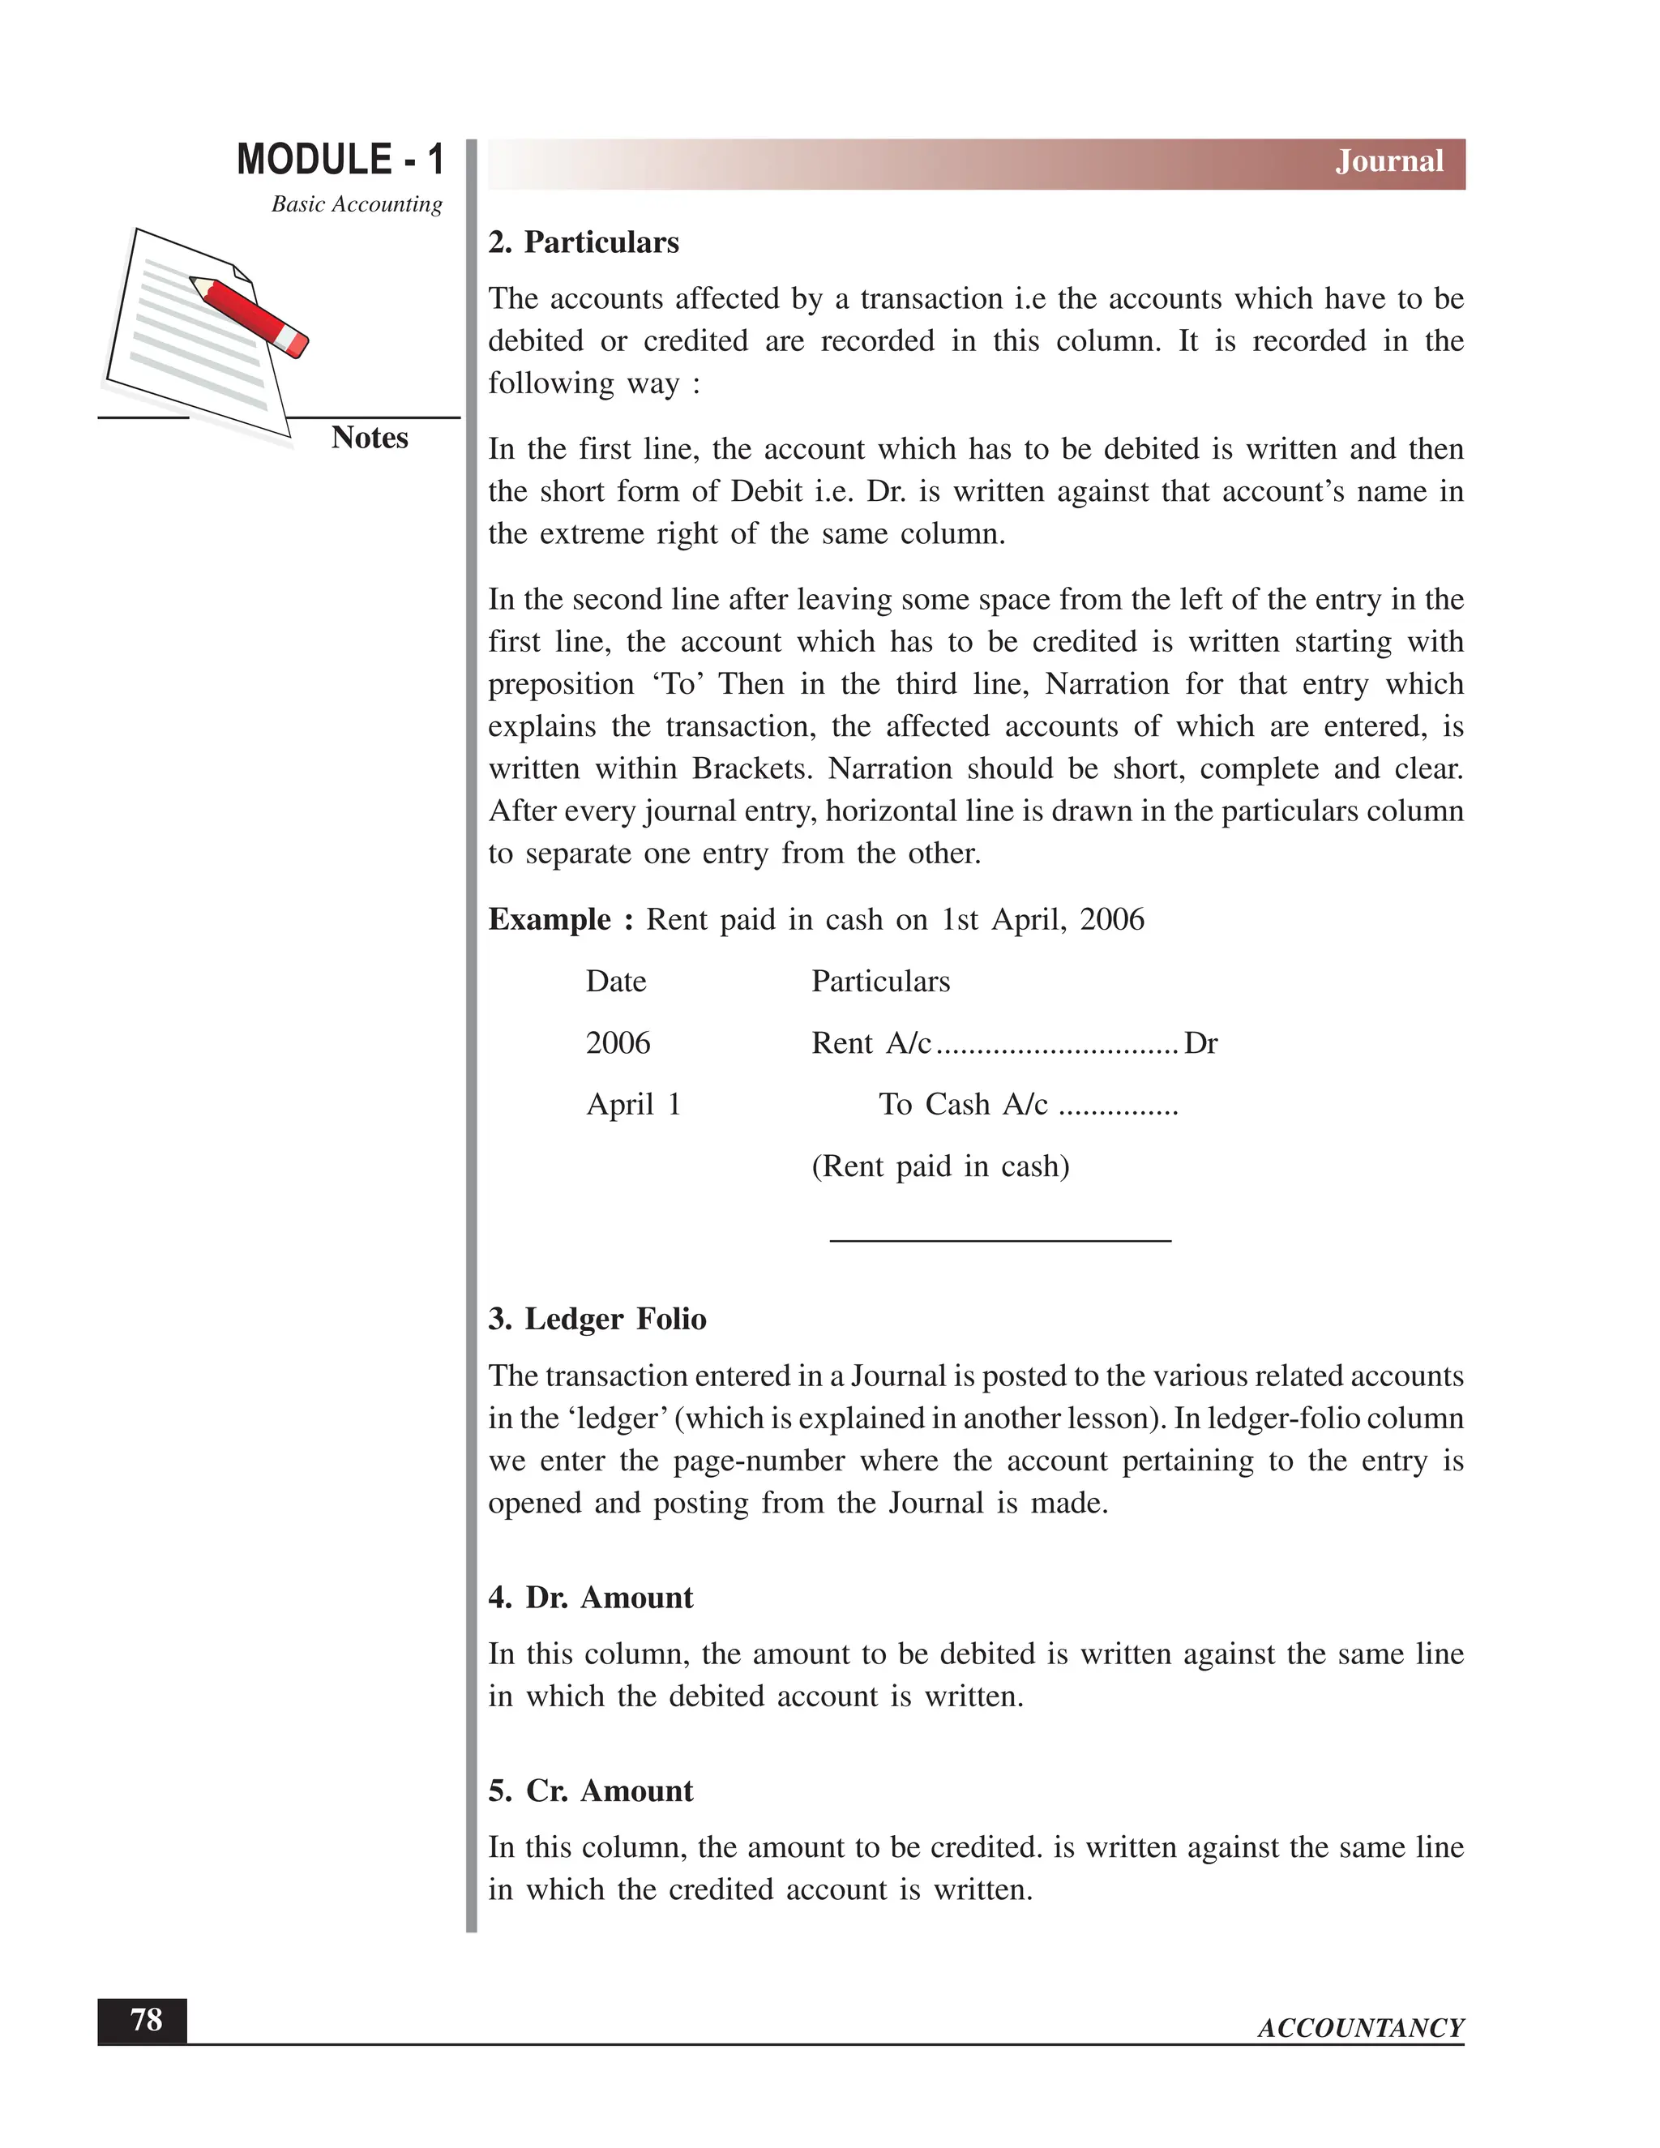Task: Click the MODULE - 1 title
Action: click(x=340, y=160)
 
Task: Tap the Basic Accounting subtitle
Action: click(x=356, y=203)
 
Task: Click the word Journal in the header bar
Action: click(x=1388, y=161)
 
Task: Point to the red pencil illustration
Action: click(x=250, y=315)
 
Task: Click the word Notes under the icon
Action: click(x=369, y=438)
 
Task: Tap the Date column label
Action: click(x=616, y=981)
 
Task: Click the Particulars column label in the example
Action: click(x=880, y=981)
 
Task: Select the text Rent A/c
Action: click(x=871, y=1042)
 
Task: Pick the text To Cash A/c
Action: click(x=963, y=1105)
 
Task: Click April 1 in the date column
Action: click(x=633, y=1105)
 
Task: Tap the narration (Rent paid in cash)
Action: click(x=939, y=1166)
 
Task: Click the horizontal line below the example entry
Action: click(x=1000, y=1241)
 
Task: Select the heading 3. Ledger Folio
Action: click(x=597, y=1319)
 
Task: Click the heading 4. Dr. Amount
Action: click(x=590, y=1598)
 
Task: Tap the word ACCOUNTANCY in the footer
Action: click(x=1360, y=2028)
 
